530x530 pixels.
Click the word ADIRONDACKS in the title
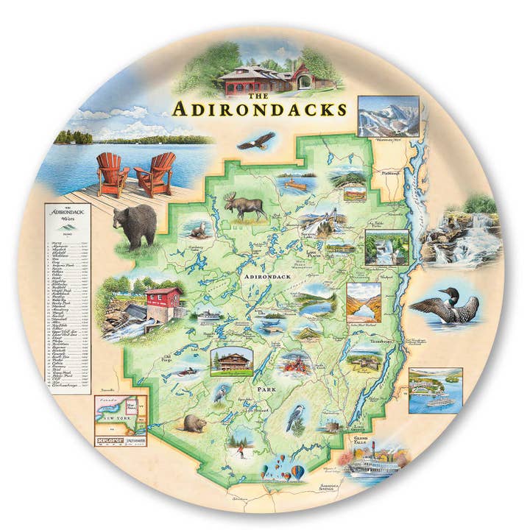(x=259, y=110)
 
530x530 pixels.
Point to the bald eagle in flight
(x=255, y=139)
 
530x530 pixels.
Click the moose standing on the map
(x=244, y=207)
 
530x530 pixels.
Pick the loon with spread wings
(x=445, y=308)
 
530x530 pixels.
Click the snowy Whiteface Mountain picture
(x=388, y=116)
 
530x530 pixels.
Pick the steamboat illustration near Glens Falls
(x=372, y=466)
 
